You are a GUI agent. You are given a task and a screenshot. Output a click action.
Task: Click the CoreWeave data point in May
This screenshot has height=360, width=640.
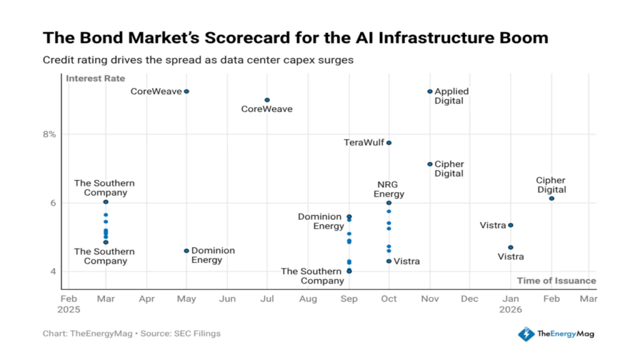tap(186, 91)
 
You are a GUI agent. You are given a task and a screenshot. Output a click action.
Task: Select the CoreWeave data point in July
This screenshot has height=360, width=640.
tap(267, 100)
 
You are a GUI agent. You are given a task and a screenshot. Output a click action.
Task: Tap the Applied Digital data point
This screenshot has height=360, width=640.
tap(430, 91)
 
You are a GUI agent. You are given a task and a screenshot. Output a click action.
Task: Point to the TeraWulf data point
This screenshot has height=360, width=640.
tap(389, 142)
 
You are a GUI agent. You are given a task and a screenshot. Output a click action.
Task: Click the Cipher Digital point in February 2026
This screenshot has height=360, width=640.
tap(551, 198)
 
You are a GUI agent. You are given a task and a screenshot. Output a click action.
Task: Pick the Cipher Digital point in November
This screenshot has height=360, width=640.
tap(430, 164)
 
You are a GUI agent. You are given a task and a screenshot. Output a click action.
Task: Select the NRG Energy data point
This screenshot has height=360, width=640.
tap(389, 202)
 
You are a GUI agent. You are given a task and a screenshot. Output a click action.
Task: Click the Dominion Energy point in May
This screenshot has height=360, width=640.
tap(186, 251)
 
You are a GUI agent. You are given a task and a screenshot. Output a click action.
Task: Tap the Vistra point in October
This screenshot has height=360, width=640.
tap(389, 261)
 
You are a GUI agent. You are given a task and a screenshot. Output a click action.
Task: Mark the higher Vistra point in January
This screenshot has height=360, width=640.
tap(511, 225)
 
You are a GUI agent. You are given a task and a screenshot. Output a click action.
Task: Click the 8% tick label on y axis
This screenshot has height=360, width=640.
tap(49, 134)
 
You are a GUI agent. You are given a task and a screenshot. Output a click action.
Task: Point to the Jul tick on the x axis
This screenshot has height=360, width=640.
tap(267, 299)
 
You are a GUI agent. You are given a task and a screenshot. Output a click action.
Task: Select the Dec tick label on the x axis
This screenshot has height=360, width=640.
tap(469, 299)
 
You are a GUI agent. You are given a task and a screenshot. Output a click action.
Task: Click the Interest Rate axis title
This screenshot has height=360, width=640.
tap(96, 79)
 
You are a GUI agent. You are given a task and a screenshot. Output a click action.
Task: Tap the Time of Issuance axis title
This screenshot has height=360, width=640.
tap(556, 281)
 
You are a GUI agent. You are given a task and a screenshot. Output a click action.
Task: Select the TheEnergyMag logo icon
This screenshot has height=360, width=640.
tap(526, 334)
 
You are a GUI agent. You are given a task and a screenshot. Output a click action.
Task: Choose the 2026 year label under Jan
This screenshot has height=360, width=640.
tap(511, 309)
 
